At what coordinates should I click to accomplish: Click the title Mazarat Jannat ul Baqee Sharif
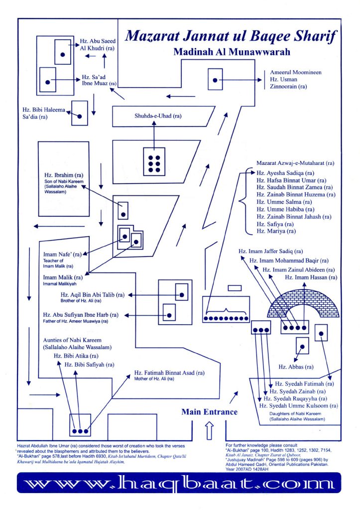click(231, 36)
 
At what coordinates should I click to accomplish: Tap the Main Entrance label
click(210, 412)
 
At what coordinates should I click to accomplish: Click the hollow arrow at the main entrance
click(210, 430)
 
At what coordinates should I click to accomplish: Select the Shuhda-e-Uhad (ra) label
click(158, 116)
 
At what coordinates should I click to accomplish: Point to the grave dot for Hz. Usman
click(215, 80)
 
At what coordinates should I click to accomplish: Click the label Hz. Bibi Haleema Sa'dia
click(44, 113)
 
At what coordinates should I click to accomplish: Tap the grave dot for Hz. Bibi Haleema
click(80, 116)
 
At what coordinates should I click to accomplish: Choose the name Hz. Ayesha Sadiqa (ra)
click(285, 173)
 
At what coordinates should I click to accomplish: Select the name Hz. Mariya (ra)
click(276, 231)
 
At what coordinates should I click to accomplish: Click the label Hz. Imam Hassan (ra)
click(311, 277)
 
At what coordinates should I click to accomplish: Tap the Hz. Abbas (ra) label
click(296, 367)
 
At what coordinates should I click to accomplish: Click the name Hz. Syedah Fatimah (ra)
click(304, 384)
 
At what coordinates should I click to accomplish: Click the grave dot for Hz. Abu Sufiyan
click(169, 315)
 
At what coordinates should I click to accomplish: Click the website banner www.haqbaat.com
click(179, 483)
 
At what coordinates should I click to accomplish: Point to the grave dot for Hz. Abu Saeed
click(63, 55)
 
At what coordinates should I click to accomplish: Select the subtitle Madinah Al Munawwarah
click(232, 52)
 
